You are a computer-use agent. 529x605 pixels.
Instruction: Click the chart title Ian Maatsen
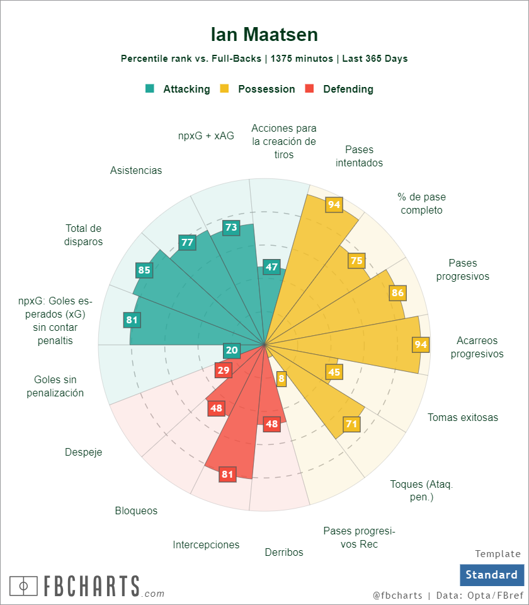coord(264,34)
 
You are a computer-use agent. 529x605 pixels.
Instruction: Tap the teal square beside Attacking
coord(150,89)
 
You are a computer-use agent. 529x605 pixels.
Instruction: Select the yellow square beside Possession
coord(224,89)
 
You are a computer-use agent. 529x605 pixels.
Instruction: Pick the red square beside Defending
coord(309,89)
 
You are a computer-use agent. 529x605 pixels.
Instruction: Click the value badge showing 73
coord(232,228)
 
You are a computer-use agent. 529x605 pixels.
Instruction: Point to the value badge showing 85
coord(144,270)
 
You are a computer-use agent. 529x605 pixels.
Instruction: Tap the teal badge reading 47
coord(271,267)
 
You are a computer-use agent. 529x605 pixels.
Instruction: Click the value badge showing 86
coord(397,292)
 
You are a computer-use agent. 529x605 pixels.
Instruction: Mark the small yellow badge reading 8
coord(282,379)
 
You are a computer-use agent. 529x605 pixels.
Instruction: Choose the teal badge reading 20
coord(232,350)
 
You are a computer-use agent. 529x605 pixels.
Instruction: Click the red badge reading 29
coord(223,370)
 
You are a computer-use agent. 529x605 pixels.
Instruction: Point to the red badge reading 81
coord(227,475)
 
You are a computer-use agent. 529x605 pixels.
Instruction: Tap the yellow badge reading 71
coord(351,423)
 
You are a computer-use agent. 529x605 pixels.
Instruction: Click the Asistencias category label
coord(136,170)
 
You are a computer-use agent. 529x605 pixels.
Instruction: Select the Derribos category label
coord(284,552)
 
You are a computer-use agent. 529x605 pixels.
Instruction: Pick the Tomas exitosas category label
coord(463,417)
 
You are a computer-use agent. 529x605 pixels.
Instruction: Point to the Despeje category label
coord(83,452)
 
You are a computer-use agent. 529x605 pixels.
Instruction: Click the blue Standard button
coord(491,574)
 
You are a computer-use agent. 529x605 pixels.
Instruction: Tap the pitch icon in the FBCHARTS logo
coord(24,585)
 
